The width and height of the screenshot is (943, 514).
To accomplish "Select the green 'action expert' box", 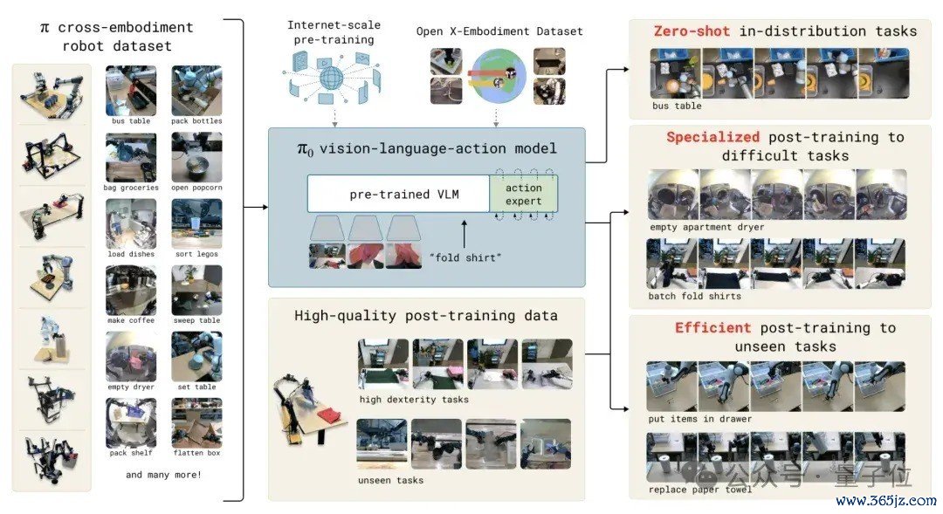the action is [523, 194].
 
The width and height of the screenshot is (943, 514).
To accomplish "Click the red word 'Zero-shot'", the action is [692, 31].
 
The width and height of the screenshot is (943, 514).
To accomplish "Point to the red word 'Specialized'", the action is [712, 137].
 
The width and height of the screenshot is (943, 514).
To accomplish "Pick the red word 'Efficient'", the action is [712, 327].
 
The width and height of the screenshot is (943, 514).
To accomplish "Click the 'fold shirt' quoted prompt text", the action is [465, 257].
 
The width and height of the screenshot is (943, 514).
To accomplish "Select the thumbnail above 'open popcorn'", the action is [196, 157].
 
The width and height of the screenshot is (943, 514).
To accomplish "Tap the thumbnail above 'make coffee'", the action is [131, 291].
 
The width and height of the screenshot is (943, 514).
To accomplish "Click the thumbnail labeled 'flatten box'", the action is [196, 423].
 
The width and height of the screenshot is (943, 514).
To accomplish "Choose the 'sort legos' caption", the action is [196, 254].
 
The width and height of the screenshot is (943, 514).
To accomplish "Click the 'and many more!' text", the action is [163, 475].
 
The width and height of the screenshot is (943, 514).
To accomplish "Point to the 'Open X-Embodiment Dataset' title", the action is [499, 31].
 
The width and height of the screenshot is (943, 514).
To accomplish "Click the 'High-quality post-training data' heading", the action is [426, 316].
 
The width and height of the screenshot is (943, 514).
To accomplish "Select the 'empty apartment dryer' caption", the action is [706, 227].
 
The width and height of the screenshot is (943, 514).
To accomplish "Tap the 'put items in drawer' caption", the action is [700, 419].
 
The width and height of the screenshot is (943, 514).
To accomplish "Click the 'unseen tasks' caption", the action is [391, 480].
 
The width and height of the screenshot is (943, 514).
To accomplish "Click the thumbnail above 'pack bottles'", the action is [196, 90].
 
